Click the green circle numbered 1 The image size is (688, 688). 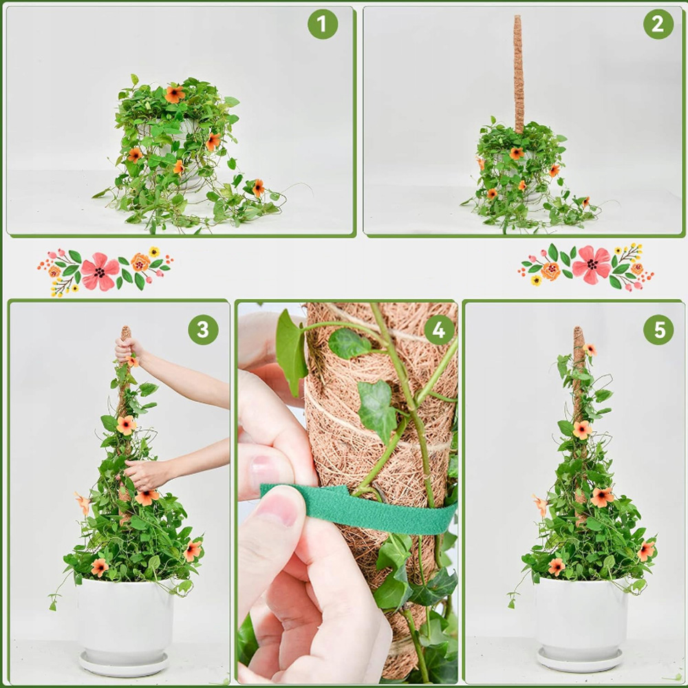(x=323, y=24)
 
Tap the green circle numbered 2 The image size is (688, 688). (x=658, y=24)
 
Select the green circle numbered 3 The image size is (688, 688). (x=203, y=330)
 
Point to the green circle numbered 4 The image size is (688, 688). (x=439, y=330)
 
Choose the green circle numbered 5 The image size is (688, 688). (x=658, y=330)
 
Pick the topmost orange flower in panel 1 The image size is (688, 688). (x=175, y=94)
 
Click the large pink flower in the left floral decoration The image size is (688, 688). (x=100, y=271)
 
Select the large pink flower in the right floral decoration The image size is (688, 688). (x=592, y=265)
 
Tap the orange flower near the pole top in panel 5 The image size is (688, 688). (x=590, y=350)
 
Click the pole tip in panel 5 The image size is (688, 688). (x=578, y=329)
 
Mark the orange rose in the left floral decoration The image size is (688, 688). (x=140, y=262)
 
